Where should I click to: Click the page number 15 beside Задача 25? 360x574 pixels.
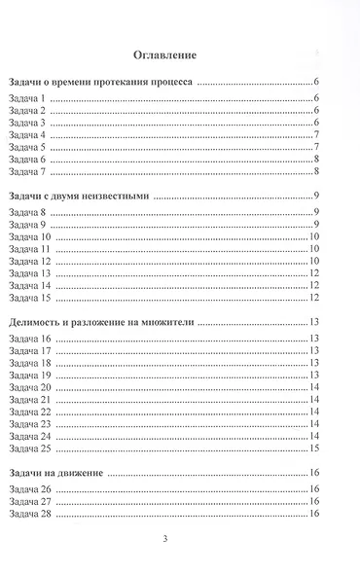coord(315,448)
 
